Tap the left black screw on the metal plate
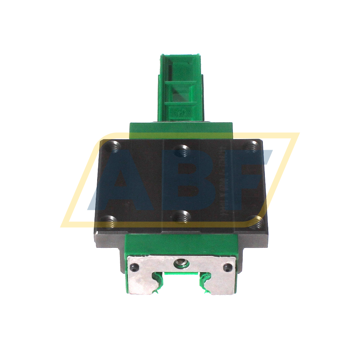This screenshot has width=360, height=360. [x=134, y=267]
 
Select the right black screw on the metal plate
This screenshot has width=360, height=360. [x=229, y=268]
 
